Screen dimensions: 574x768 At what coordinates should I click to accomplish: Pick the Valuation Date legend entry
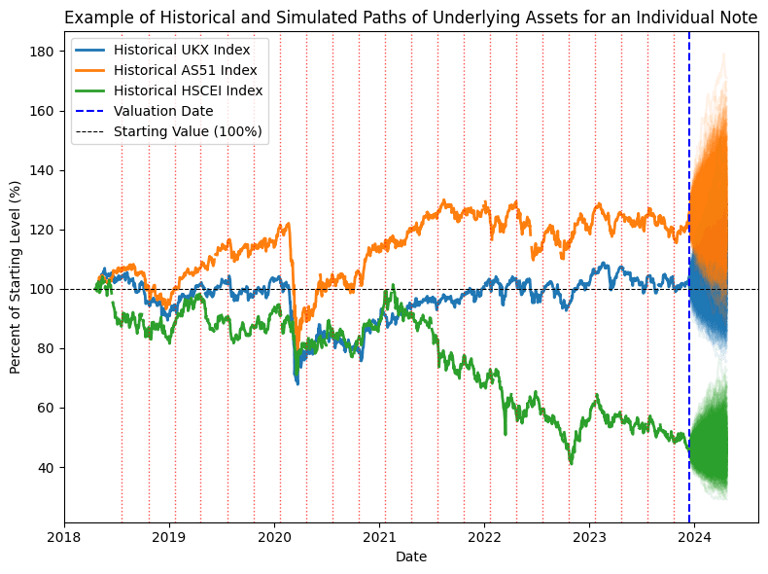pos(162,111)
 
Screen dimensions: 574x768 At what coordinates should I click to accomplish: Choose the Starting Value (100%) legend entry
pos(187,131)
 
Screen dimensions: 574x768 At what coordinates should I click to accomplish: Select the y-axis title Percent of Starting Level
pos(16,277)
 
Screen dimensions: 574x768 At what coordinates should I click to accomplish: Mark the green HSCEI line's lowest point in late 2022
pos(571,462)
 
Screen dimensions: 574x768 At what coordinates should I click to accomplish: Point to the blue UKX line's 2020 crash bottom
pos(297,382)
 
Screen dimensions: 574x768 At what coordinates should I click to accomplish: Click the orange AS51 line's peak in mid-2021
pos(444,201)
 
